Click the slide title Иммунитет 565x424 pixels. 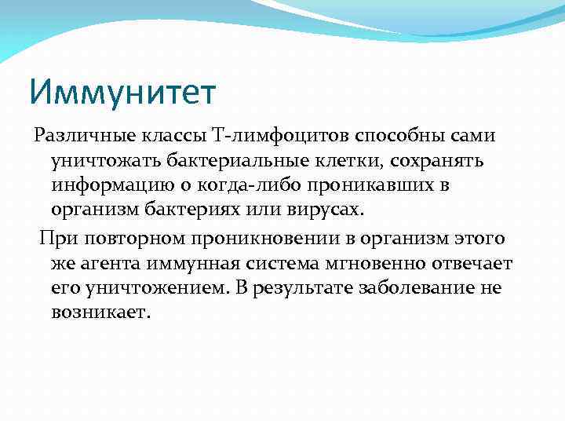(x=122, y=91)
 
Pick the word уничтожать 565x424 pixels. (x=102, y=161)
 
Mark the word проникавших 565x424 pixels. (x=366, y=186)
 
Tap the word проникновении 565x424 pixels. (x=251, y=238)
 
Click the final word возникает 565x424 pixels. (x=100, y=313)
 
